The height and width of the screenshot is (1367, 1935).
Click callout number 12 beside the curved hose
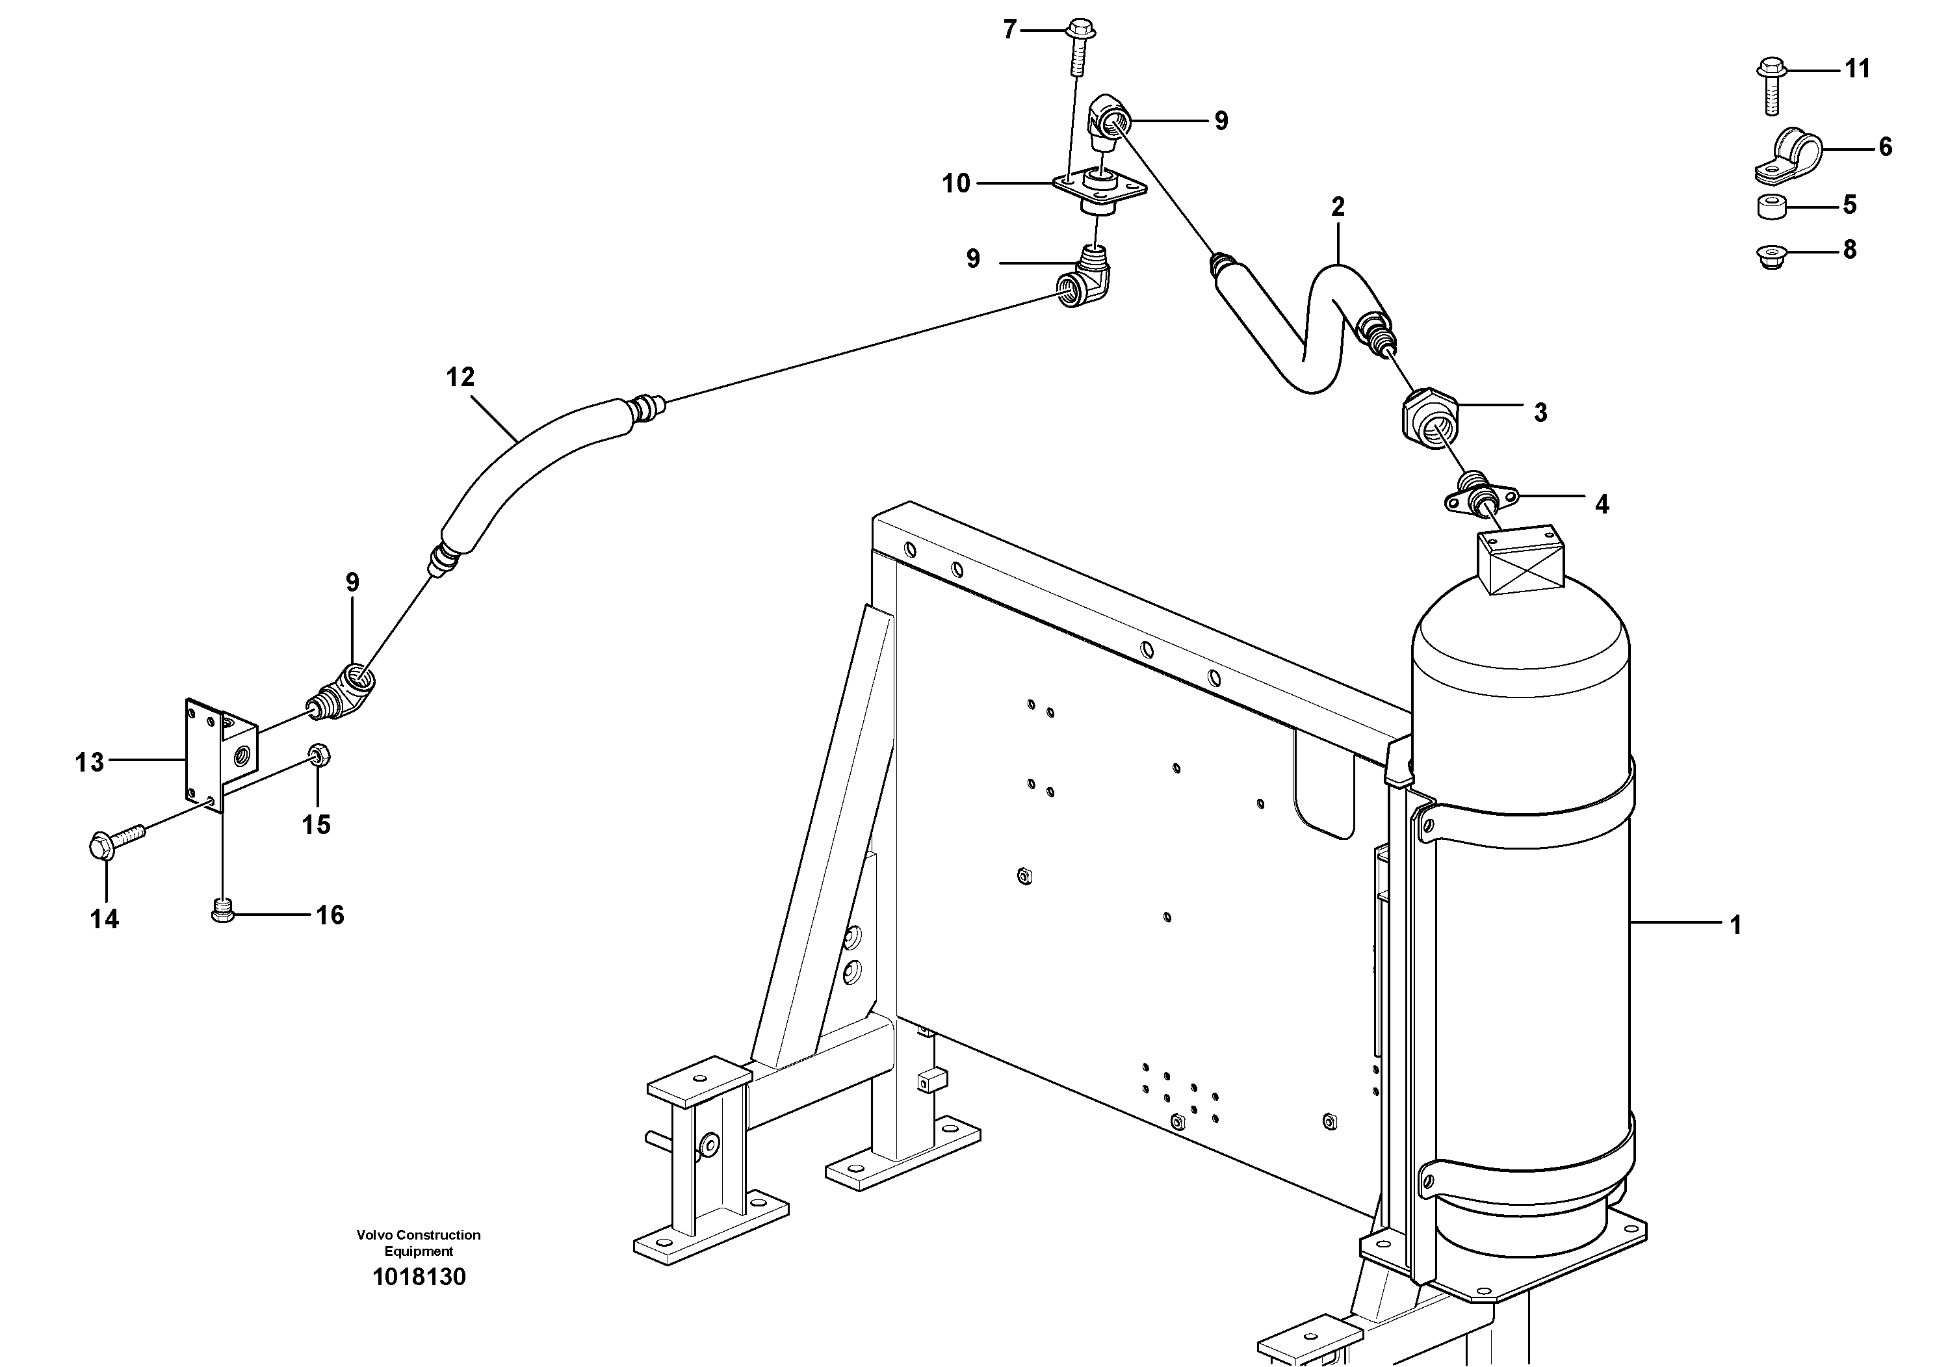tap(460, 377)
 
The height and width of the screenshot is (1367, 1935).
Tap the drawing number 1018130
tap(419, 1277)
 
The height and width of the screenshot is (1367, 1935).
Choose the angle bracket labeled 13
tap(218, 753)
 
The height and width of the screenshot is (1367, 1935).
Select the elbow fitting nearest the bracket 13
tap(346, 691)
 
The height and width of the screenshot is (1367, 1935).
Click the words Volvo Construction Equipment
tap(419, 1242)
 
